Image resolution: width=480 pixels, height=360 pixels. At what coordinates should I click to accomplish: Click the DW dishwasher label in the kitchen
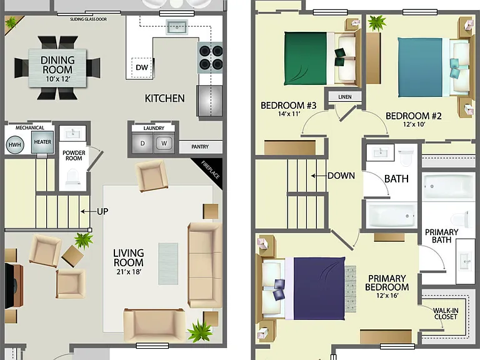point(142,67)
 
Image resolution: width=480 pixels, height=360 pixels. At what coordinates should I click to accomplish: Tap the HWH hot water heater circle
point(15,144)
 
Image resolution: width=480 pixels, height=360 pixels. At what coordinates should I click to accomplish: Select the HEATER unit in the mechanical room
point(42,142)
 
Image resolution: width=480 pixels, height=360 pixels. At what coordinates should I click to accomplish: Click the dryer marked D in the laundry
point(142,143)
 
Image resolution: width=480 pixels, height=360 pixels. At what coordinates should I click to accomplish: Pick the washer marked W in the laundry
point(164,143)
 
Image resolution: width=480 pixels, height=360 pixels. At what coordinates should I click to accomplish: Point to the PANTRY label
point(200,147)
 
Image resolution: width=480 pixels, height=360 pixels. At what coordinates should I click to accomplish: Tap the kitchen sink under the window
point(177,27)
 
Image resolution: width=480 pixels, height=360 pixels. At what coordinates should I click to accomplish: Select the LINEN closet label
point(345,97)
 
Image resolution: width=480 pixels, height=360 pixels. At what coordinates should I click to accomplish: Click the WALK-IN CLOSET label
point(446,314)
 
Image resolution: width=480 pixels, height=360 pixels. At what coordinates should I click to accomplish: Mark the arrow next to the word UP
point(88,211)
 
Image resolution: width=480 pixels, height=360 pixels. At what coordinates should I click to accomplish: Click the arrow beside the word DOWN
point(319,176)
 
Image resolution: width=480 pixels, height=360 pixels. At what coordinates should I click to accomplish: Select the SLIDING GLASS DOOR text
point(89,19)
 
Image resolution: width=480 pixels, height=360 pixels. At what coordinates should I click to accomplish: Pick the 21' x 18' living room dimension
point(129,272)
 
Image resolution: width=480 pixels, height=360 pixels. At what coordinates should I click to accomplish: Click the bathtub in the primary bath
point(446,186)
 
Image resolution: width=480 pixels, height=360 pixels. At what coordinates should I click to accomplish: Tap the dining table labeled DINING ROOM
point(57,67)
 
